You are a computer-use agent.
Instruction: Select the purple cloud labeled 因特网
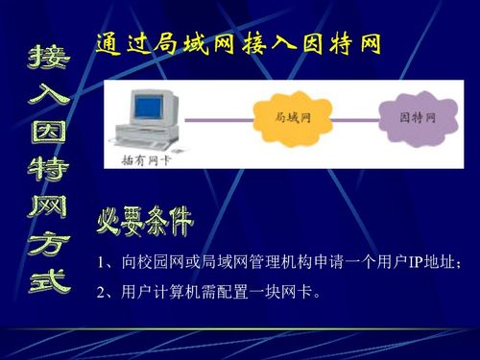[x=417, y=117]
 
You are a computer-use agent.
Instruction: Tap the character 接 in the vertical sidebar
[x=48, y=60]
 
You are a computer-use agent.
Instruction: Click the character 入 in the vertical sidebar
[x=48, y=96]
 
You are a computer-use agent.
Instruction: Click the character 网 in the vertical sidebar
[x=48, y=208]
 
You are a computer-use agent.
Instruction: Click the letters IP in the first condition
[x=416, y=263]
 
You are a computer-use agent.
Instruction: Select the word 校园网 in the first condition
[x=160, y=263]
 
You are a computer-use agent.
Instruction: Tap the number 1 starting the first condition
[x=102, y=263]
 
